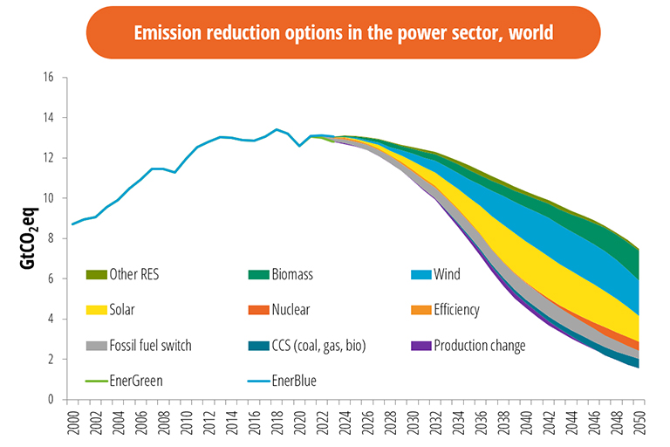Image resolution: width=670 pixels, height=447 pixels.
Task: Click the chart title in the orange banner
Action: tap(343, 33)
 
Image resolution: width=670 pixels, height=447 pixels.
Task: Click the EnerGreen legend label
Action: tap(137, 382)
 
